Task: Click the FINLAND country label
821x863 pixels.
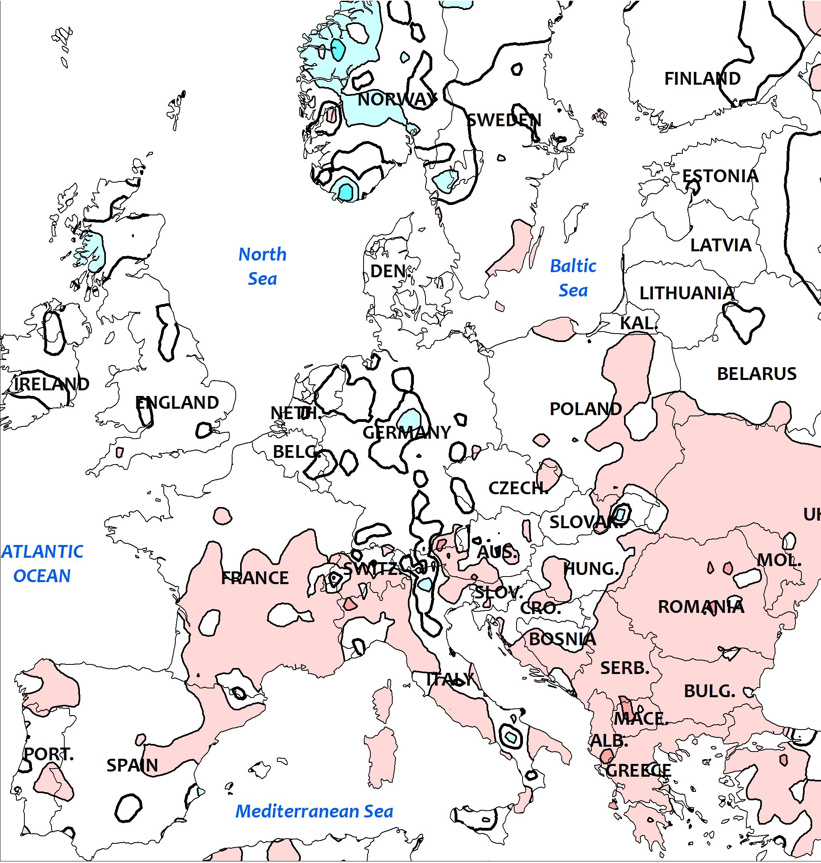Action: [702, 79]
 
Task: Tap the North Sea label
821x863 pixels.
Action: [262, 266]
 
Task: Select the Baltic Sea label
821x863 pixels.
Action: [573, 278]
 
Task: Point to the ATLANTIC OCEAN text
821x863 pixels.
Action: [42, 563]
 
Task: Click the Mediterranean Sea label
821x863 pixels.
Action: [314, 811]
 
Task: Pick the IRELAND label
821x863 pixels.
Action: [52, 384]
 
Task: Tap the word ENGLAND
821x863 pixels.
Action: [177, 403]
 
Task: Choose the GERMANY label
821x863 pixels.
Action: [407, 433]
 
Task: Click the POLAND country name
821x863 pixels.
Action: [586, 409]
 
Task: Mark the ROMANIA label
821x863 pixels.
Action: [701, 607]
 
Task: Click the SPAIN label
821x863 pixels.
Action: [132, 766]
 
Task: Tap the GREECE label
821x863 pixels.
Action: [638, 771]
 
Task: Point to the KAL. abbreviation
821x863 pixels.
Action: [639, 323]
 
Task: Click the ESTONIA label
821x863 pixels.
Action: [720, 176]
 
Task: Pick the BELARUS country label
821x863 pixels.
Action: [757, 374]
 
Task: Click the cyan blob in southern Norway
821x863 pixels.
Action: [346, 191]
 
